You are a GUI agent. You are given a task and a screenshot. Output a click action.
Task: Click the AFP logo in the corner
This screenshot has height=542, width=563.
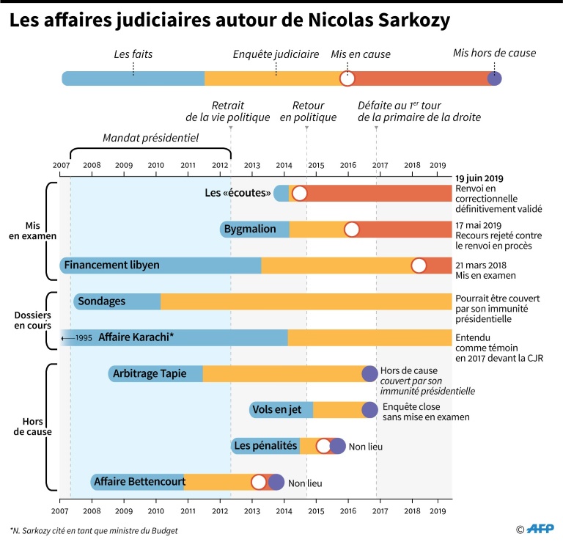pyautogui.click(x=539, y=529)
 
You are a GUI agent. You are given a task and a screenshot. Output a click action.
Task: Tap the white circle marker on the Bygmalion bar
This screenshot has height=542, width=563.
pyautogui.click(x=352, y=230)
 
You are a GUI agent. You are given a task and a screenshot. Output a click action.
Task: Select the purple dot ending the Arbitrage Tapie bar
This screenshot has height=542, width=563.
pyautogui.click(x=370, y=374)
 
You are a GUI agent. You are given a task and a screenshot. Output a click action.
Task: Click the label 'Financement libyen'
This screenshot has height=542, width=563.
pyautogui.click(x=111, y=265)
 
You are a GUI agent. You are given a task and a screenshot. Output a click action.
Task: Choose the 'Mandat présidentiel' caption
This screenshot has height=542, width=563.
pyautogui.click(x=150, y=137)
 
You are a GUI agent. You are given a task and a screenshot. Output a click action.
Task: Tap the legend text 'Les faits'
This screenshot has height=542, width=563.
pyautogui.click(x=133, y=54)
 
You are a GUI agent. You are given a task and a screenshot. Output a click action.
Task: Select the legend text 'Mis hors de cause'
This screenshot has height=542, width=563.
pyautogui.click(x=494, y=53)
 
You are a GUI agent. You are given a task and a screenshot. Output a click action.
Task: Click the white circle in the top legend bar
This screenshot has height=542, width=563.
pyautogui.click(x=347, y=78)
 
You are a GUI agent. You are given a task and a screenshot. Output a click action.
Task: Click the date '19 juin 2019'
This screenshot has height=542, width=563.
pyautogui.click(x=479, y=178)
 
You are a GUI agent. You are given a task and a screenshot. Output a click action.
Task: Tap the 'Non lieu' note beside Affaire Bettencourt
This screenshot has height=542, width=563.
pyautogui.click(x=305, y=483)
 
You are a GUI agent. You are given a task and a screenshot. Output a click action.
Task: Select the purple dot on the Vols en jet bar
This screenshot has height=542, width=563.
pyautogui.click(x=369, y=410)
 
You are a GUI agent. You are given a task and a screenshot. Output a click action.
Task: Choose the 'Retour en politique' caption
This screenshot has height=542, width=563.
pyautogui.click(x=309, y=111)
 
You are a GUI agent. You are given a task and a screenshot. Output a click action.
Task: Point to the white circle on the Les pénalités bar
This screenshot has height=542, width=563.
pyautogui.click(x=324, y=446)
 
